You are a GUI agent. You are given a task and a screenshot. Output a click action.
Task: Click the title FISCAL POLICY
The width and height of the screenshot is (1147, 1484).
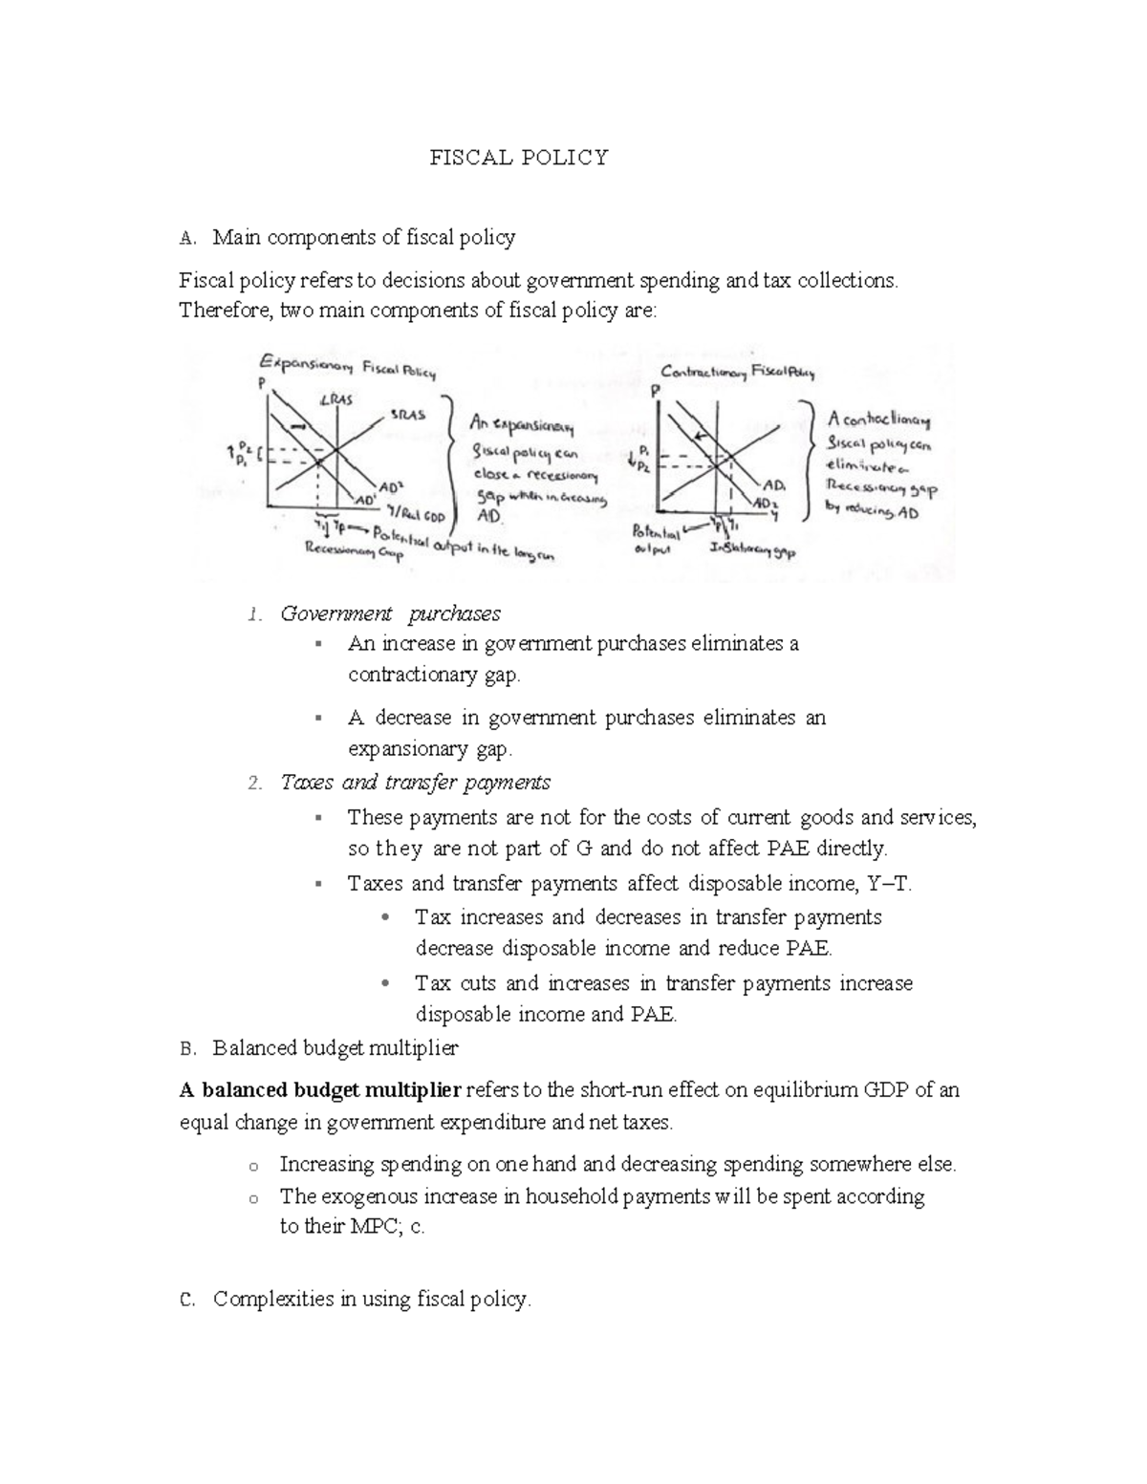click(x=518, y=158)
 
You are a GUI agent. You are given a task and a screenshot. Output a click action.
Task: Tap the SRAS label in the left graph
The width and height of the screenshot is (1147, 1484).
click(x=406, y=415)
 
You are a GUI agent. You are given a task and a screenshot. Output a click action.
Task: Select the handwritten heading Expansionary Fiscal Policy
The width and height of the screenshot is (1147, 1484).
click(x=347, y=367)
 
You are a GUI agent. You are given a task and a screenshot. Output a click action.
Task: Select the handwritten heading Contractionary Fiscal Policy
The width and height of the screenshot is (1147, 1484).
click(x=738, y=373)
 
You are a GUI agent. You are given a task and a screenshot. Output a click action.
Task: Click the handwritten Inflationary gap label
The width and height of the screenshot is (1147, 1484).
click(x=752, y=551)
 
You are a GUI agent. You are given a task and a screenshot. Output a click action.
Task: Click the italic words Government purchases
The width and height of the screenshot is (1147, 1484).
click(x=390, y=613)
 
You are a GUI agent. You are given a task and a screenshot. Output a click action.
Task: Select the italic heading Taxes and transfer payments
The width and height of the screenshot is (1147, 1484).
click(x=415, y=783)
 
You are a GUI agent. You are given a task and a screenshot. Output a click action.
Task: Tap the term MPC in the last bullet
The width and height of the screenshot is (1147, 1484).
click(x=364, y=1227)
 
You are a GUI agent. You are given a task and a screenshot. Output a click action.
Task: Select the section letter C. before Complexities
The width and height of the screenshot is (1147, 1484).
click(x=187, y=1300)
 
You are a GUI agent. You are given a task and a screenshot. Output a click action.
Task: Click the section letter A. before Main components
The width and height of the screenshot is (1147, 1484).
click(x=187, y=237)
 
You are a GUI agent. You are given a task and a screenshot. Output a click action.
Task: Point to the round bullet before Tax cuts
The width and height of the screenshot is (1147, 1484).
click(x=385, y=983)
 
